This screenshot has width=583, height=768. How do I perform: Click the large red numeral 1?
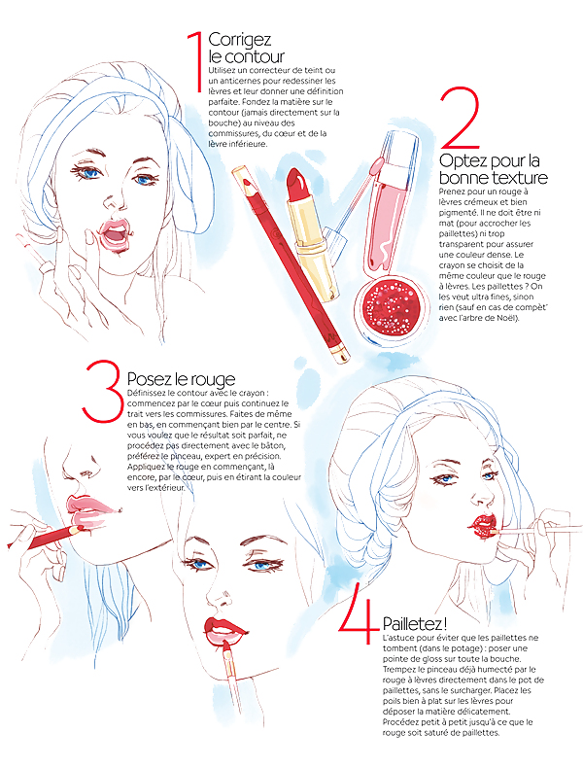pyautogui.click(x=196, y=61)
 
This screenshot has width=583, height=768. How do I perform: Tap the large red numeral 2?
pyautogui.click(x=461, y=119)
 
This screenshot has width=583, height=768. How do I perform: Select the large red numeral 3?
pyautogui.click(x=102, y=392)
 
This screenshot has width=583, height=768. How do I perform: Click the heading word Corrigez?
pyautogui.click(x=239, y=40)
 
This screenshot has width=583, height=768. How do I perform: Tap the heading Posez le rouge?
pyautogui.click(x=181, y=379)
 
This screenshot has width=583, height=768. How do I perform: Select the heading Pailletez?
pyautogui.click(x=415, y=623)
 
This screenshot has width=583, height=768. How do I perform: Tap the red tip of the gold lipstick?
pyautogui.click(x=296, y=185)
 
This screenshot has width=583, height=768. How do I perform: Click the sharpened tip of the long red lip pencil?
pyautogui.click(x=248, y=185)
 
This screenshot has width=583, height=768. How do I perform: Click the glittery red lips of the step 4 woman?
pyautogui.click(x=483, y=526)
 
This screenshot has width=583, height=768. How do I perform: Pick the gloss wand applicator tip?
pyautogui.click(x=373, y=169)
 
